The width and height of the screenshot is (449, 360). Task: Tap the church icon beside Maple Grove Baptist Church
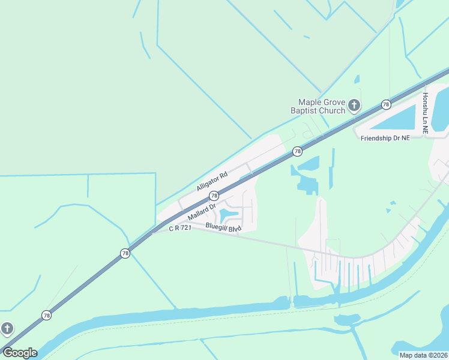(354, 106)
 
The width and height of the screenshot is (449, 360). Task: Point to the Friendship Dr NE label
(385, 138)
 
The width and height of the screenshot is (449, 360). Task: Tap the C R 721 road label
(179, 229)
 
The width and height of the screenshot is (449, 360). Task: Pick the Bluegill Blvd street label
(223, 227)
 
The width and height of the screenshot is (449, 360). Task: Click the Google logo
(19, 353)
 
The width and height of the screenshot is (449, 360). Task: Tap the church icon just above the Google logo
(7, 328)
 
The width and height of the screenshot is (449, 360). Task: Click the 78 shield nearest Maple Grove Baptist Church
(386, 104)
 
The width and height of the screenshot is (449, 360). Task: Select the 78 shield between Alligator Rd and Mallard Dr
(214, 196)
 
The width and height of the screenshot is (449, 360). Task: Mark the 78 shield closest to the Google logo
(47, 315)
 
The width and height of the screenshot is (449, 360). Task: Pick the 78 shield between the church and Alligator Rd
(297, 151)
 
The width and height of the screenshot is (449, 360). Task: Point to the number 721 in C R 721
(185, 229)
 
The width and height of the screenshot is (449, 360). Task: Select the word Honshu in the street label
(425, 103)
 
